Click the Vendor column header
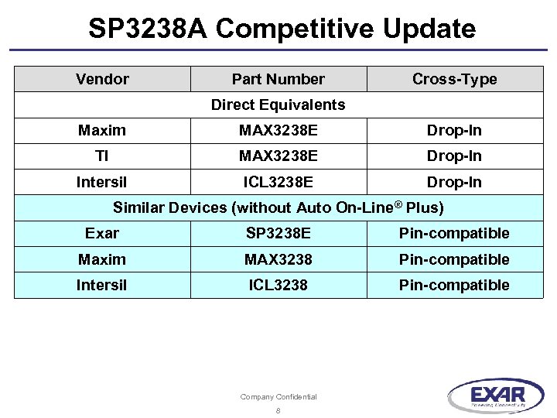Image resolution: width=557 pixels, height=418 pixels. [102, 79]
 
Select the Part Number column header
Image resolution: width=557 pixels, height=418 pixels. [278, 79]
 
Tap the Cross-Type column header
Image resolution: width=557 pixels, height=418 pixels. [454, 79]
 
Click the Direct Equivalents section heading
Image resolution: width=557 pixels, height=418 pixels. [278, 104]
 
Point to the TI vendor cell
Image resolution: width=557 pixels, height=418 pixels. [102, 156]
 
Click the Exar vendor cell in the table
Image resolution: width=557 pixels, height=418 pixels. [102, 233]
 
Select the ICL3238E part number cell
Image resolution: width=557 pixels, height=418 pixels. [278, 182]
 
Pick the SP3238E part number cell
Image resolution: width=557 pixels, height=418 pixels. [278, 233]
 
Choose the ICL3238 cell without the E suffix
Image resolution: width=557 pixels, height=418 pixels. [278, 285]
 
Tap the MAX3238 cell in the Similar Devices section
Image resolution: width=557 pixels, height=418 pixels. [278, 259]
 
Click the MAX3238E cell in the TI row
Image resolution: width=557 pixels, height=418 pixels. [278, 156]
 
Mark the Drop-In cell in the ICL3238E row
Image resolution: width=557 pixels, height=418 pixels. [454, 182]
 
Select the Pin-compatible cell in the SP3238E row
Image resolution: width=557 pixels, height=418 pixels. [454, 233]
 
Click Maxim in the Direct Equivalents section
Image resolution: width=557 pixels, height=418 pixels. [102, 130]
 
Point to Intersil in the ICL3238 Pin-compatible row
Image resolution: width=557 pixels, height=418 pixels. [102, 285]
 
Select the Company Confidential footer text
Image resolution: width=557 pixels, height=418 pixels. [278, 397]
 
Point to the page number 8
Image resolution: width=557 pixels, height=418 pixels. [278, 410]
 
